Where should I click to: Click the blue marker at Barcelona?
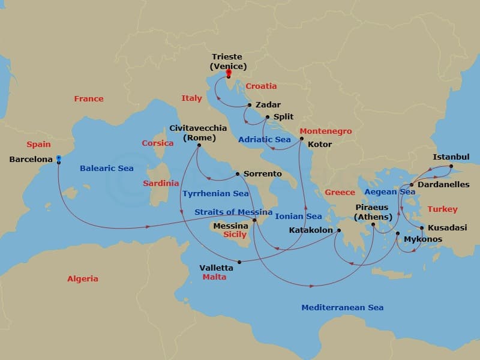pos(58,159)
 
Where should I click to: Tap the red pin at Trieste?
pos(228,73)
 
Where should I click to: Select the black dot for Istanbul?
pos(451,166)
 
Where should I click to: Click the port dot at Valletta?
pos(239,262)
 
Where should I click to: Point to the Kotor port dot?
pos(302,139)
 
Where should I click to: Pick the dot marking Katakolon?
pos(338,230)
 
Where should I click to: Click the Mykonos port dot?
pos(397,233)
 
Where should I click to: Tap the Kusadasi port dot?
pos(422,228)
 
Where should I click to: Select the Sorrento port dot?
pos(238,174)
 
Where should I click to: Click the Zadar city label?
pos(268,105)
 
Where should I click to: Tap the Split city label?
pos(283,117)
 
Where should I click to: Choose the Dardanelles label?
pos(443,185)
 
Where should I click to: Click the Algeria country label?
pos(83,279)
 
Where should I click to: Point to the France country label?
pos(89,98)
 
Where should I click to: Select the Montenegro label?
pos(326,131)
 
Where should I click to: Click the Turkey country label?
pos(442,209)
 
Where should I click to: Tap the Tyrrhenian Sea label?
pos(215,194)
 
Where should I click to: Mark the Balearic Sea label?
pos(107,169)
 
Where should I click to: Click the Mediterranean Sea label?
pos(342,308)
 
